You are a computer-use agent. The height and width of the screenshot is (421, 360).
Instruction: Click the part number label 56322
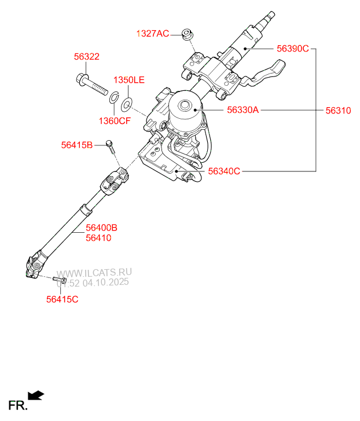tap(86, 57)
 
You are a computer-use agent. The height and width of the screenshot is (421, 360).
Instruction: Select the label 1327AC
tap(152, 34)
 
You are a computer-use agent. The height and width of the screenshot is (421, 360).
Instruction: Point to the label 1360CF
tap(114, 121)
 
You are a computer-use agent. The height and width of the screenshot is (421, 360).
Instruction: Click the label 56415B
tap(76, 145)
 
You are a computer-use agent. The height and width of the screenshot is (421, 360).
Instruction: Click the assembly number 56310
tap(338, 110)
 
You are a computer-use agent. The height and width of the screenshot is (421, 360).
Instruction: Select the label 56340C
tap(223, 171)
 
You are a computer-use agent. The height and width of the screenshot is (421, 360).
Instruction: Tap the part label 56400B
tap(101, 228)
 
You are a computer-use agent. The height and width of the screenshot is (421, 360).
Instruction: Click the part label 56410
tap(98, 237)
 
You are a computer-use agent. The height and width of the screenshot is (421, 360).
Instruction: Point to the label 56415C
tap(63, 299)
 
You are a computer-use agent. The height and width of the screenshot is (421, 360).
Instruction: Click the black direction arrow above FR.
tap(36, 396)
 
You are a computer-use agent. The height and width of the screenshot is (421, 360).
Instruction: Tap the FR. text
tap(18, 405)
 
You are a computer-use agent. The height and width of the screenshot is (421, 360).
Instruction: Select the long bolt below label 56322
tap(92, 86)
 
